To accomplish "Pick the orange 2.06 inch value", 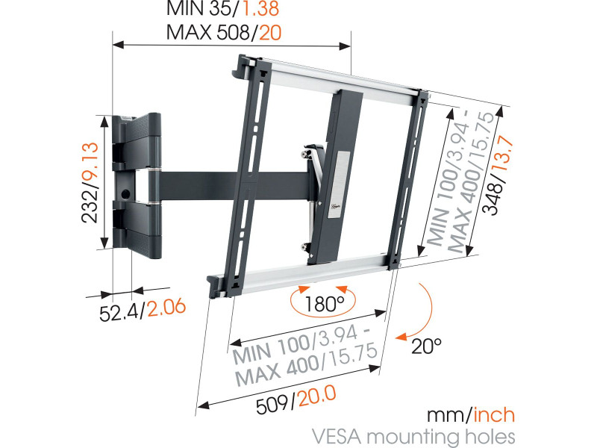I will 166,307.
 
